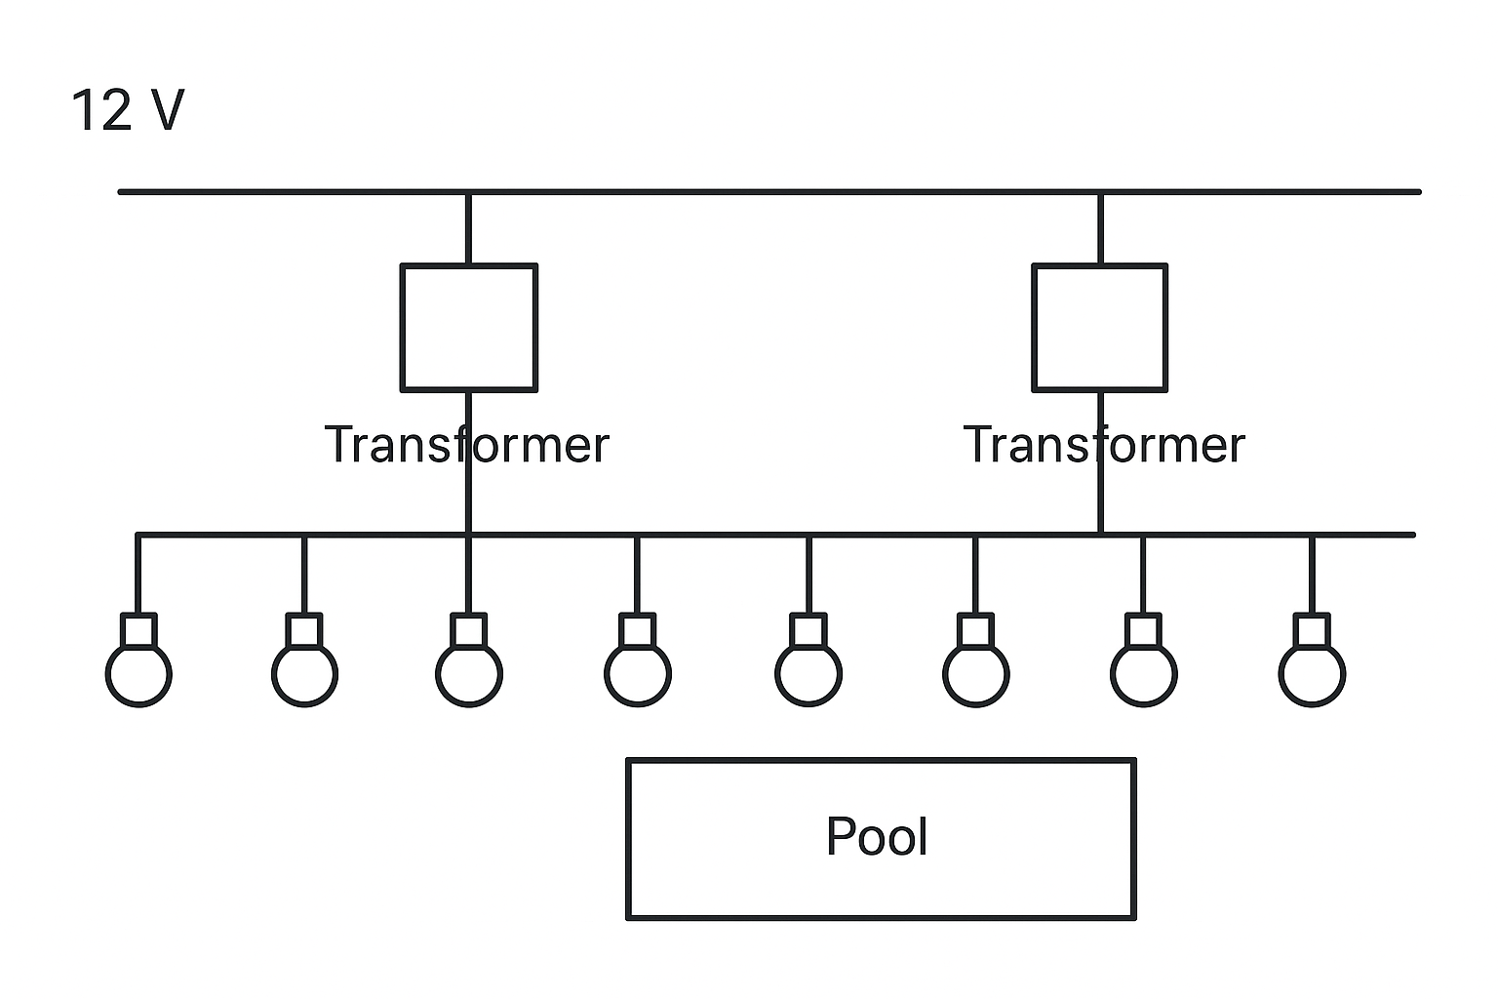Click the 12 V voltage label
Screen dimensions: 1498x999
(127, 110)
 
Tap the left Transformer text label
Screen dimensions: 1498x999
(467, 444)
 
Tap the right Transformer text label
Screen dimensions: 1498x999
(1104, 444)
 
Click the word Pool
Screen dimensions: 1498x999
(877, 836)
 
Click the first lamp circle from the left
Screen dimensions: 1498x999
(106, 674)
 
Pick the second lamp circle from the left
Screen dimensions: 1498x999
(272, 674)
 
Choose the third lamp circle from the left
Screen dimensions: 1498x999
(437, 674)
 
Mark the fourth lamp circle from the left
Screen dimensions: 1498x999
(606, 674)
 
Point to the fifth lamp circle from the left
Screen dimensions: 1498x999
(776, 674)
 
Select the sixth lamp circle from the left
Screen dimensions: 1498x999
(944, 674)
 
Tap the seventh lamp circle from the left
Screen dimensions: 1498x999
(1112, 674)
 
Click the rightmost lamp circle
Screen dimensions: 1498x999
(1280, 674)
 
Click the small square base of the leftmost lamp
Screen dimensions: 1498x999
(122, 629)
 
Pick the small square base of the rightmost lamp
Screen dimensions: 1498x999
(1295, 629)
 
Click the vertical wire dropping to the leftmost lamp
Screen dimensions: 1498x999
(138, 574)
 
